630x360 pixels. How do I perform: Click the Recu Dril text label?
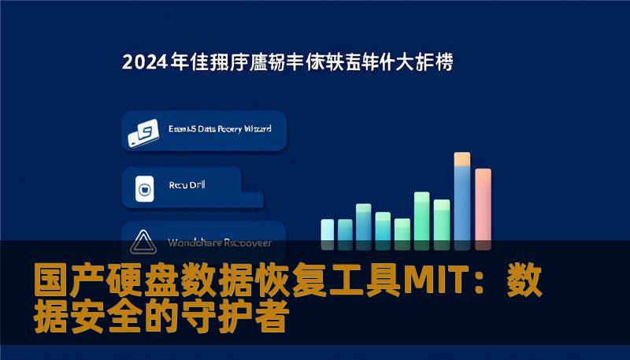click(187, 187)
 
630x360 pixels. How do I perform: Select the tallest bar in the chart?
click(462, 201)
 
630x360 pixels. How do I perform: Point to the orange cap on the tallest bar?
click(462, 159)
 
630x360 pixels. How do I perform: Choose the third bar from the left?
click(364, 222)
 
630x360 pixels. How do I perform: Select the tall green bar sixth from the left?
click(422, 217)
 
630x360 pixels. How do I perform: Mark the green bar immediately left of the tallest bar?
click(442, 220)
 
